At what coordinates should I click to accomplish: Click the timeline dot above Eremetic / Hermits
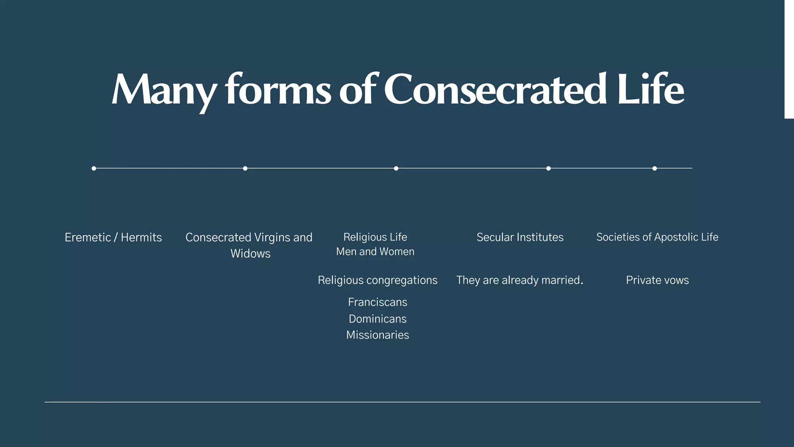[x=94, y=168]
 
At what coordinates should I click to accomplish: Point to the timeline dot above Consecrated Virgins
[x=245, y=168]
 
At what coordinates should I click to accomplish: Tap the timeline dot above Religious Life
[x=396, y=168]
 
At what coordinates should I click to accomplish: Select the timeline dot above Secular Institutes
[x=548, y=168]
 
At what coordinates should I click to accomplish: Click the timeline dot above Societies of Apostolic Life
[x=654, y=168]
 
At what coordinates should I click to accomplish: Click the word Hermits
[x=141, y=237]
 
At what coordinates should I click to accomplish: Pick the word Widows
[x=250, y=254]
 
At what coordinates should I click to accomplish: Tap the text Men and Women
[x=375, y=252]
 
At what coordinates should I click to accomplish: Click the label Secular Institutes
[x=520, y=237]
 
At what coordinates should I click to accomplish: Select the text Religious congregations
[x=377, y=280]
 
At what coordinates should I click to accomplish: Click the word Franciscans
[x=378, y=302]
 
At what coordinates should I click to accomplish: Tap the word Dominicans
[x=378, y=319]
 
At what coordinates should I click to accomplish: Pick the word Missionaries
[x=378, y=335]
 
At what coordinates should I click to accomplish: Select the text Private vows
[x=657, y=280]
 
